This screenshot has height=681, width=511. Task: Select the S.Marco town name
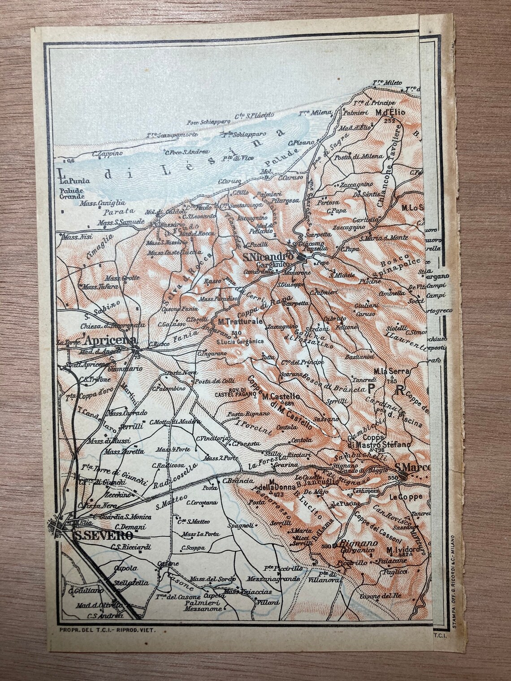412,468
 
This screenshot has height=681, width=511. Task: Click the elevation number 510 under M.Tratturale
237,333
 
